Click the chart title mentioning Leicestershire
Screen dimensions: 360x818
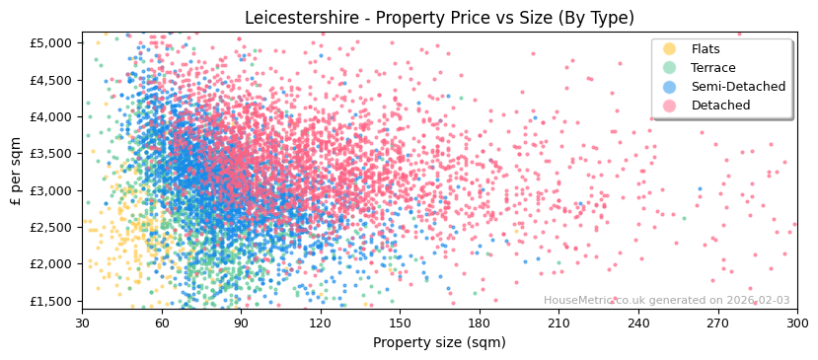coord(439,18)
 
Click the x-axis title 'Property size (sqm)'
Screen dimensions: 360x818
coord(439,342)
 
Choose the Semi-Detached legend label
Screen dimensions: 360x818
coord(738,87)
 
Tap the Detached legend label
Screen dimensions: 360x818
coord(721,106)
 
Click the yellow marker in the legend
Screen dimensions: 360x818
coord(670,49)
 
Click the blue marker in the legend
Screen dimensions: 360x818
coord(670,87)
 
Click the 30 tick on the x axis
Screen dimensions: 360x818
coord(83,323)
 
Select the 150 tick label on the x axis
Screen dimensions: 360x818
coord(400,323)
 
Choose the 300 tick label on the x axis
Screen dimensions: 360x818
coord(796,323)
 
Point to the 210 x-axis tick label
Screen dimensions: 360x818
coord(558,323)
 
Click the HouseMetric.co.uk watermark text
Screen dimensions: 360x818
coord(667,301)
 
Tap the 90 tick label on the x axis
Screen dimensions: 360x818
coord(241,323)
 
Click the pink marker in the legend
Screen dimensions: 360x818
coord(670,106)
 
